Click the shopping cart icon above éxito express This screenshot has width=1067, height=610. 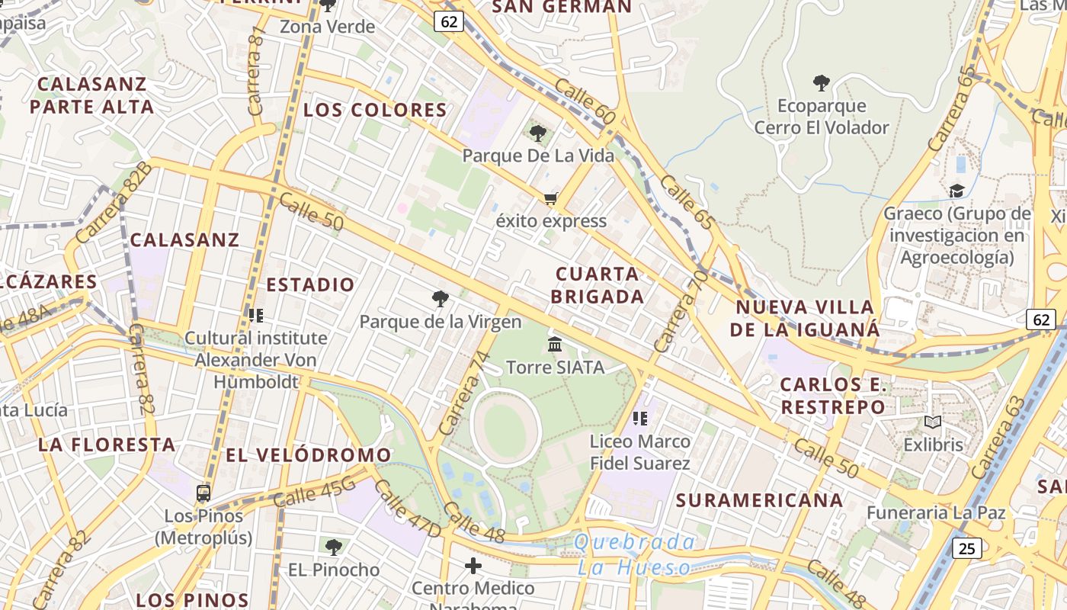click(x=550, y=199)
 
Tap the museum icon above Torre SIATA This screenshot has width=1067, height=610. click(x=555, y=345)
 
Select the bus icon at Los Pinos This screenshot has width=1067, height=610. click(x=203, y=493)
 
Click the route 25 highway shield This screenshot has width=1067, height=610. click(x=967, y=547)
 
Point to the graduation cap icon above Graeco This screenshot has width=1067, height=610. click(x=956, y=191)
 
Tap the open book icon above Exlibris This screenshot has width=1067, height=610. click(x=933, y=422)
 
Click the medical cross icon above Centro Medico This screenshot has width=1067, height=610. click(x=473, y=566)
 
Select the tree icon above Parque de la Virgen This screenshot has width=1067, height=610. click(x=440, y=298)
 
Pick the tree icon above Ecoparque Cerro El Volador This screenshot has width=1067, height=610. click(x=822, y=82)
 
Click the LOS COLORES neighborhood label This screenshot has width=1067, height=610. click(x=375, y=110)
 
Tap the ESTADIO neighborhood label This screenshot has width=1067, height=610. click(x=310, y=285)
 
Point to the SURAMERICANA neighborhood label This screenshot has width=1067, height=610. click(x=759, y=501)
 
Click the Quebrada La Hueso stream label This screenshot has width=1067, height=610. click(x=634, y=554)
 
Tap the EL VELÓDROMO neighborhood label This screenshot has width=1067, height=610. click(x=308, y=455)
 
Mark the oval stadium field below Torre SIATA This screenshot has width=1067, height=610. click(x=505, y=431)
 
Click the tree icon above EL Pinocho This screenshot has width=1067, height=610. click(x=333, y=547)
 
